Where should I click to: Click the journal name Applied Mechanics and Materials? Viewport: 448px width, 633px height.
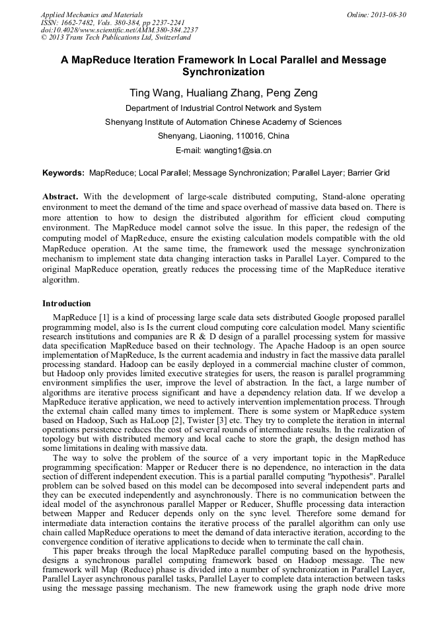(x=92, y=15)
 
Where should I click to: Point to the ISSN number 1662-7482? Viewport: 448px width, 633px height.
(x=77, y=22)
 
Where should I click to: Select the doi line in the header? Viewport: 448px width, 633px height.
(x=120, y=30)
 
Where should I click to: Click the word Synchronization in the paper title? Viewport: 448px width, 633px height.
(x=223, y=72)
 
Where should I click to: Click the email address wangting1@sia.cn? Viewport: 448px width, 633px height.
(x=241, y=150)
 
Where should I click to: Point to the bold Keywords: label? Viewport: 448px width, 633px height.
(x=63, y=173)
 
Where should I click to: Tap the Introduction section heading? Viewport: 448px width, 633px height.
(x=67, y=304)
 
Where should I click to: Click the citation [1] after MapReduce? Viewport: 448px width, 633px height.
(x=104, y=317)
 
